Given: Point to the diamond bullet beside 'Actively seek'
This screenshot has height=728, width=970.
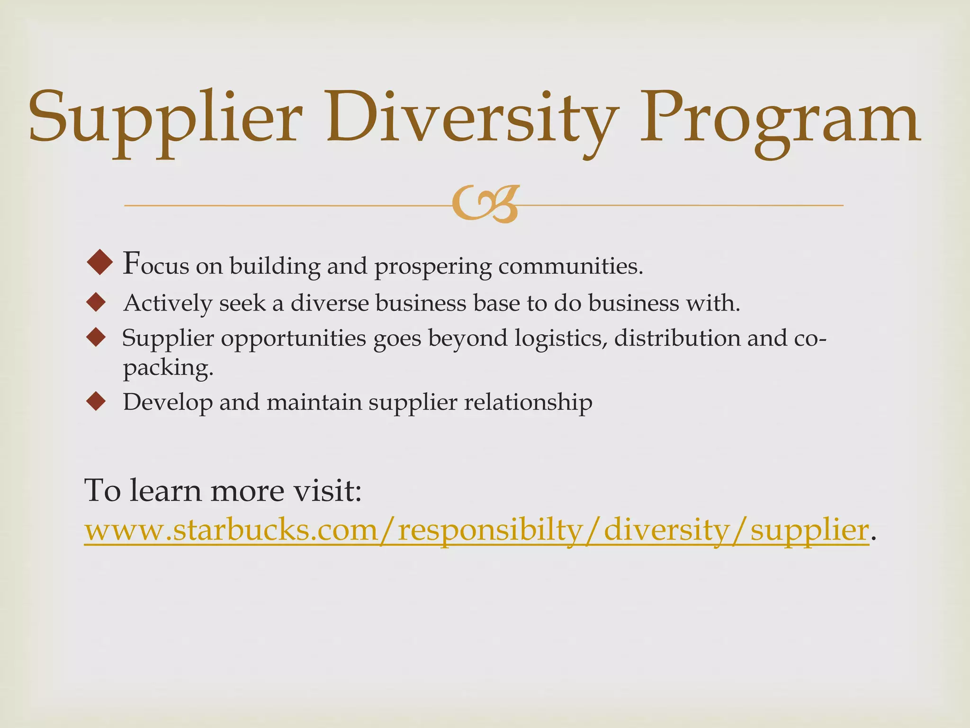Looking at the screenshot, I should coord(96,302).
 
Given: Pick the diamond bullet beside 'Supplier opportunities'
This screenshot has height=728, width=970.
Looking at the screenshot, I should coord(96,337).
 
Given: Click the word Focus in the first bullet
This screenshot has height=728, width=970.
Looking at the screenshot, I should coord(156,264).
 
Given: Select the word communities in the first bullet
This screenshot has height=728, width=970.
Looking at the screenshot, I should coord(570,266).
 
